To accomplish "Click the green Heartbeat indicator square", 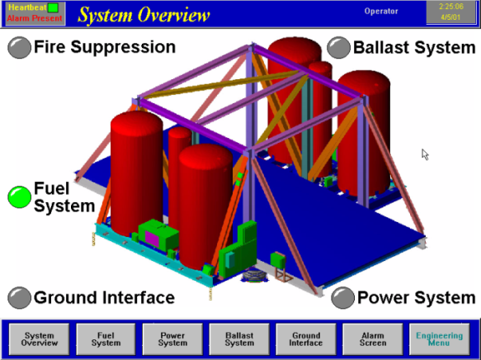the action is point(54,7).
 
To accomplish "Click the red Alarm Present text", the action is point(35,18).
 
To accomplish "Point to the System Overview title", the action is point(144,15).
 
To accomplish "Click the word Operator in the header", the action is point(381,12).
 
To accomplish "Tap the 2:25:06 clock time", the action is point(451,7).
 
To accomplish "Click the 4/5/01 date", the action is point(451,17).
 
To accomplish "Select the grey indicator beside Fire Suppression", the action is point(19,47).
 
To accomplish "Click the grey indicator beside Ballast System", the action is point(338,47).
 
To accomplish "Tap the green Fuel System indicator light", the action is point(19,197).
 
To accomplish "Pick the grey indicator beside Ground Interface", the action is point(19,297).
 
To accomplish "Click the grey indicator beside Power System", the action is point(343,297).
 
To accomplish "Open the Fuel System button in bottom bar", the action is point(106,339).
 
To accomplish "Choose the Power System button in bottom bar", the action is point(172,339).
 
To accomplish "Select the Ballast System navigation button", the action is point(239,339).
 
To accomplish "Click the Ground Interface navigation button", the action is point(306,339).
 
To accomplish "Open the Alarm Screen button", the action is point(373,339).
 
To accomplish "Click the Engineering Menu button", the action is point(439,339).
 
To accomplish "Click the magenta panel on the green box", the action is point(152,239).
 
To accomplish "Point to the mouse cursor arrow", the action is point(425,154).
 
